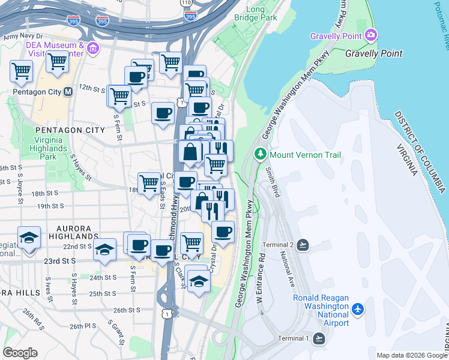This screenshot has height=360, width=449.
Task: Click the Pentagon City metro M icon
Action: [68, 92]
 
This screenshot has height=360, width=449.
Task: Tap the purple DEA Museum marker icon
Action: [92, 47]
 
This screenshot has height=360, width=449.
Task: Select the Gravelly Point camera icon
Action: [371, 35]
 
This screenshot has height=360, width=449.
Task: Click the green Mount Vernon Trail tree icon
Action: [261, 155]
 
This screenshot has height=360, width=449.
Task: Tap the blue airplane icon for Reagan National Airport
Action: [358, 308]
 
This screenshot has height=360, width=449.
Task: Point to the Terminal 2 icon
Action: [303, 245]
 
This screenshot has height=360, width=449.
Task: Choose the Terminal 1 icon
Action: [319, 338]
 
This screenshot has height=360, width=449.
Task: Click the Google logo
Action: [20, 352]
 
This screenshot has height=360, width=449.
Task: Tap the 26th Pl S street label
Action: [83, 326]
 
